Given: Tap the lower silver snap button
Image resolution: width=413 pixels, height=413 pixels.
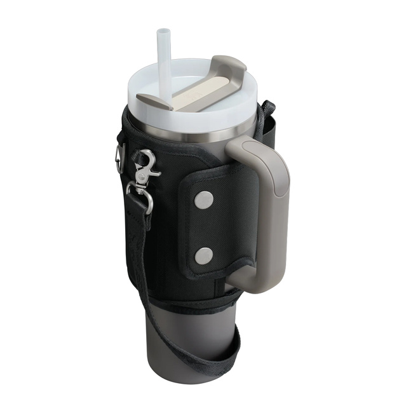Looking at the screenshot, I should coord(203,255).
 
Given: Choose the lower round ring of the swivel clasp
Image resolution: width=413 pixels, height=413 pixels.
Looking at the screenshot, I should coord(140,194).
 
